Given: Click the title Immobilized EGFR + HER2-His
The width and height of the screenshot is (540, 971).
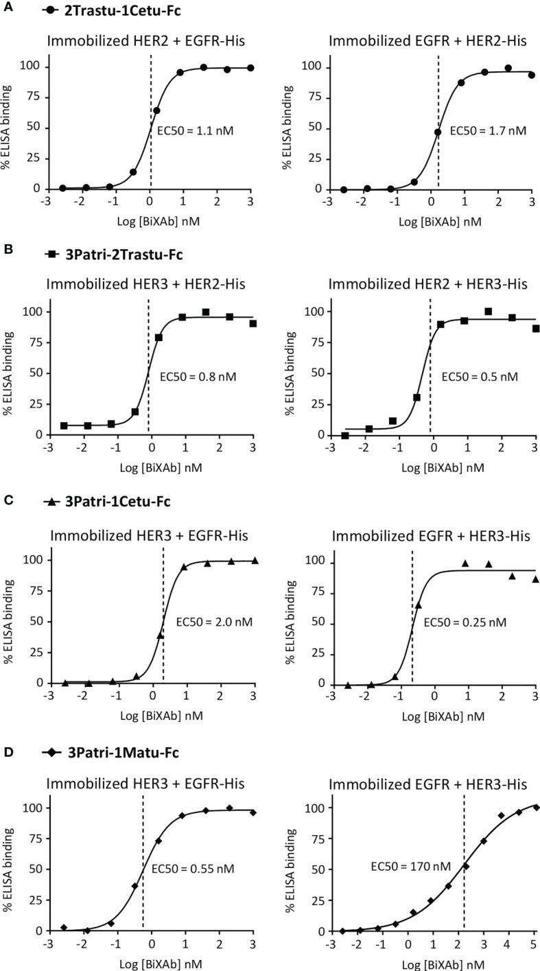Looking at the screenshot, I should [427, 41].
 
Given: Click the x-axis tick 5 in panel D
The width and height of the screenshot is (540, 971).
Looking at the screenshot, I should [535, 946].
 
